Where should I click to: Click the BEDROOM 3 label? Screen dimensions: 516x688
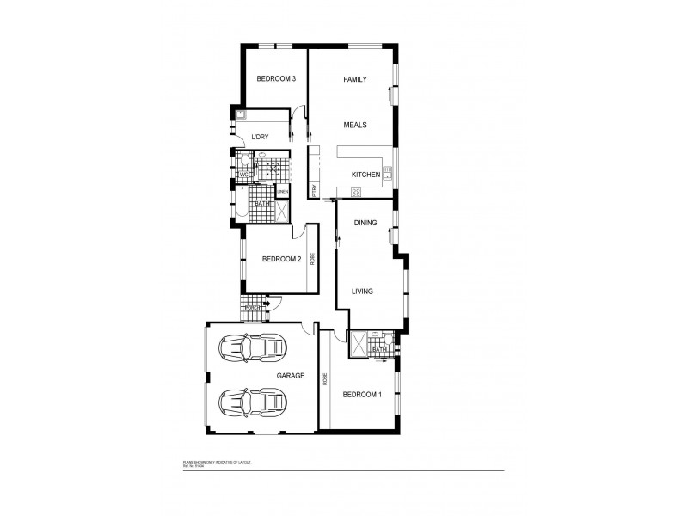coord(276,79)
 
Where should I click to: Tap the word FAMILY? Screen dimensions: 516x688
coord(355,79)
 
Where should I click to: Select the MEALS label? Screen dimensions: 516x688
coord(355,125)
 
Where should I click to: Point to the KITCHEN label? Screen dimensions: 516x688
coord(365,175)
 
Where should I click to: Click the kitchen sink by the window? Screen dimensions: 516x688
coord(388,175)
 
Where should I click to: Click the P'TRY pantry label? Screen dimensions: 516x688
coord(315,190)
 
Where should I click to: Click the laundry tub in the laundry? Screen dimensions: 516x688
coord(241,114)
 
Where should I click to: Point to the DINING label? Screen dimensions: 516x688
coord(366,223)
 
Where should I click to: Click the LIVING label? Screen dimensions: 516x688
coord(362,292)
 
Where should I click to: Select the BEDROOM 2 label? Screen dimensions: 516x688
coord(280,259)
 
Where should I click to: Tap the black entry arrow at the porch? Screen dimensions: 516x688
coord(267,304)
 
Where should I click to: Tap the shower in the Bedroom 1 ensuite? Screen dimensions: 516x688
coord(358,344)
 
